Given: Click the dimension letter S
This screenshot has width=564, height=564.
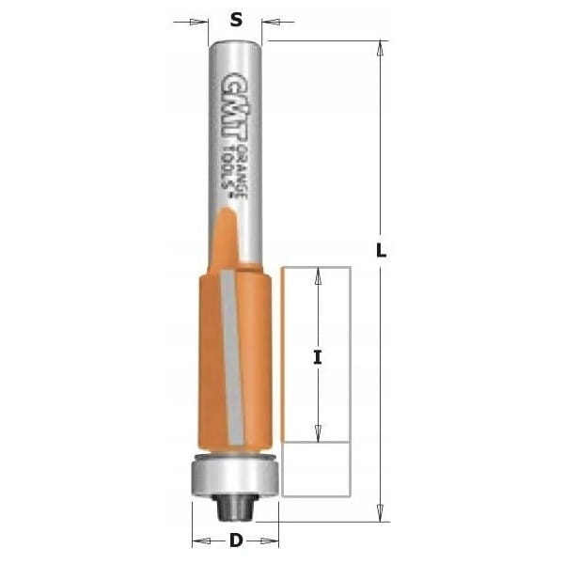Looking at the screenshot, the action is coord(236,20).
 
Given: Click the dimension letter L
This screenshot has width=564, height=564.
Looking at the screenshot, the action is coord(381,250).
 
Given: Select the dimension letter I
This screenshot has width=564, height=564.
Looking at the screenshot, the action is coord(318,357).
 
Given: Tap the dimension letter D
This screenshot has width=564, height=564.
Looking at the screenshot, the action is coord(236,540).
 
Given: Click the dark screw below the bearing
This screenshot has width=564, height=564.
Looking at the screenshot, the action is coord(235,508).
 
